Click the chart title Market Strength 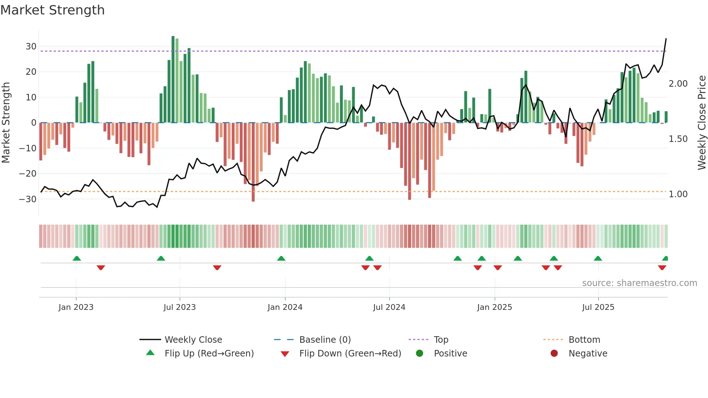pos(52,10)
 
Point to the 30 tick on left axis pos(31,47)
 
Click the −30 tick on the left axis pos(28,199)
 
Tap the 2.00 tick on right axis pos(678,84)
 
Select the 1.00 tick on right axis pos(678,194)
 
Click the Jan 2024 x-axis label pos(285,307)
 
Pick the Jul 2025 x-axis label pos(598,307)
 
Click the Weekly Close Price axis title pos(701,123)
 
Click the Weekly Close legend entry pos(193,340)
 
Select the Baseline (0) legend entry pos(325,340)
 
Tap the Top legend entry pos(441,340)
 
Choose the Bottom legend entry pos(584,340)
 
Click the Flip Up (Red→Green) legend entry pos(209,354)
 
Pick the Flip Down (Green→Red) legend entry pos(350,354)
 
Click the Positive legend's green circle pos(419,353)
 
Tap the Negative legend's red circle pos(554,353)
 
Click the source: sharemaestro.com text pos(639,283)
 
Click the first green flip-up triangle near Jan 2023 pos(77,258)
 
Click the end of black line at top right pos(666,39)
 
